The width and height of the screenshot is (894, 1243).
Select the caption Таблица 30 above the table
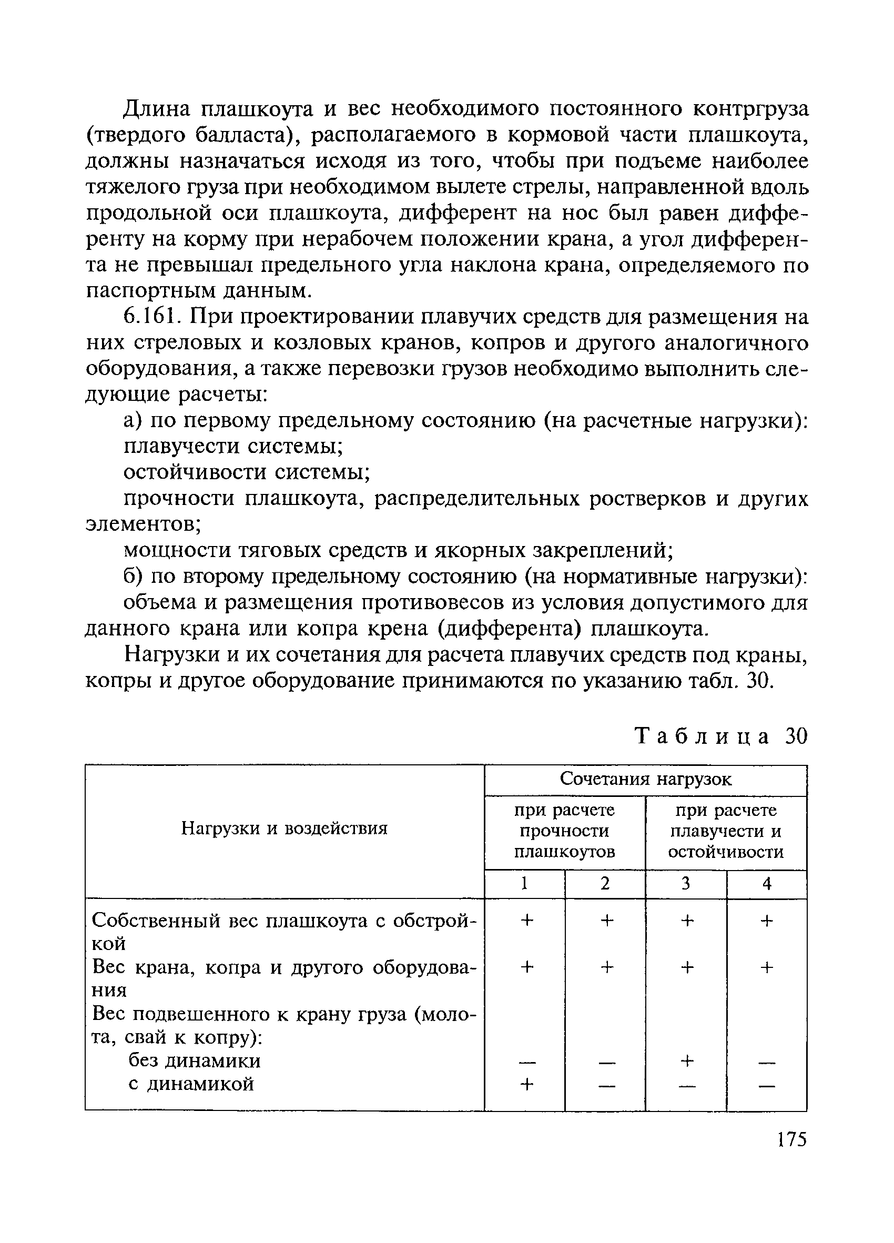(x=721, y=736)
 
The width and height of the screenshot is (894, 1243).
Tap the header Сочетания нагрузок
(x=645, y=780)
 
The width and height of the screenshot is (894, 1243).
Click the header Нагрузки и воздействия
(x=285, y=828)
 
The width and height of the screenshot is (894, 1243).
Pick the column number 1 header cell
(x=524, y=884)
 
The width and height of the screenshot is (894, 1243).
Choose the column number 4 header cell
(x=767, y=884)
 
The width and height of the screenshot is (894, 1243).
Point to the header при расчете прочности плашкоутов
(x=564, y=831)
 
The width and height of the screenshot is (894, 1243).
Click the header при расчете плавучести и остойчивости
(x=726, y=831)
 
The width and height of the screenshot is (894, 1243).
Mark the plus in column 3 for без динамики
(x=686, y=1061)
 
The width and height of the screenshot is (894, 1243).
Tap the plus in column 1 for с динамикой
(x=526, y=1084)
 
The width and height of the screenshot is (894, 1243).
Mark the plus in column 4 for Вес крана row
(x=767, y=968)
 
